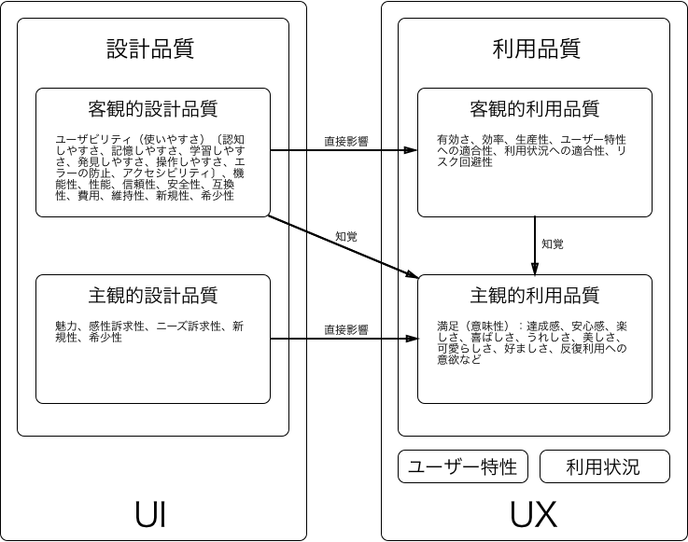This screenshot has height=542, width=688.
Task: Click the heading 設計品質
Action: click(151, 47)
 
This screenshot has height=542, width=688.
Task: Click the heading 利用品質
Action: click(535, 47)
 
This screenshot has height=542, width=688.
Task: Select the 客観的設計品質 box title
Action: click(153, 109)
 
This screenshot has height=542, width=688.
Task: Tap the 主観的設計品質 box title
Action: click(153, 296)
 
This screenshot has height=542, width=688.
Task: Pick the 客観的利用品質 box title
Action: click(535, 109)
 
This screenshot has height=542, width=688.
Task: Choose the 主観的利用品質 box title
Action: click(535, 296)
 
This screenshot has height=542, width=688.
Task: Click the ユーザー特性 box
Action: click(463, 466)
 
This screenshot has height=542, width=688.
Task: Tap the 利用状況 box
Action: click(604, 466)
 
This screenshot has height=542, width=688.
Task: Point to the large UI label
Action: click(151, 514)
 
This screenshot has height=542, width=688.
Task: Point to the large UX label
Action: click(534, 514)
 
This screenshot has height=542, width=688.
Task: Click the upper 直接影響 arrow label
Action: click(346, 142)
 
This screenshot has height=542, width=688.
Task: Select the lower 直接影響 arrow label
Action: click(346, 329)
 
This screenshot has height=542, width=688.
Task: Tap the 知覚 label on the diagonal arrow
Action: click(345, 236)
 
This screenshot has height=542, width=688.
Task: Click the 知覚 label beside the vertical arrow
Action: click(553, 244)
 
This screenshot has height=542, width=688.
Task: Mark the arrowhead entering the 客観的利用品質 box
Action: click(412, 150)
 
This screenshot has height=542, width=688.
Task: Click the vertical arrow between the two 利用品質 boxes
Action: click(535, 244)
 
